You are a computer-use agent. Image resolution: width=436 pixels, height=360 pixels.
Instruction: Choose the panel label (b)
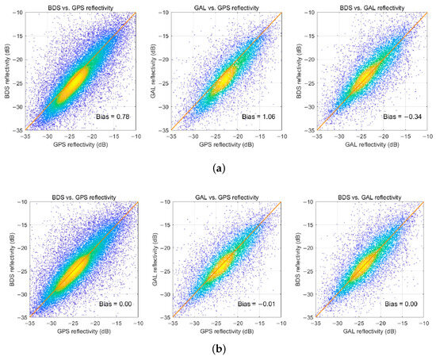point(218,349)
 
